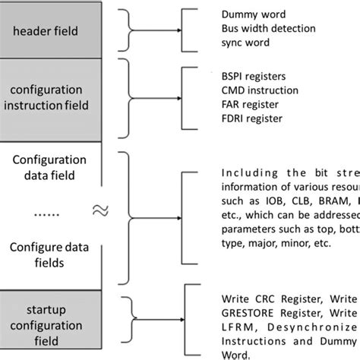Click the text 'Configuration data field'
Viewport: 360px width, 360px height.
[x=50, y=169]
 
